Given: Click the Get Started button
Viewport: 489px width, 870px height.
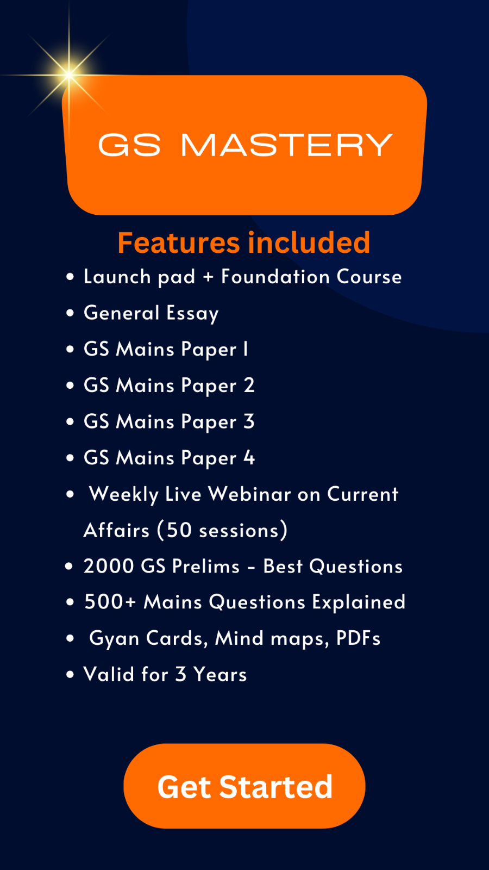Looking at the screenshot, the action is [244, 786].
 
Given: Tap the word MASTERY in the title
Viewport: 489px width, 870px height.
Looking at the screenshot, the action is [287, 145].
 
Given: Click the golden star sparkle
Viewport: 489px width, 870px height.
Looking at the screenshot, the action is [69, 74].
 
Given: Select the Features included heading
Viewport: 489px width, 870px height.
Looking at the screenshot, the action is [244, 243].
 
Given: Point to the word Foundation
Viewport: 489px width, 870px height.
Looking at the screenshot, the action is [275, 277].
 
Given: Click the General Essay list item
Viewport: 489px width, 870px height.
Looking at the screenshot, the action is [151, 313].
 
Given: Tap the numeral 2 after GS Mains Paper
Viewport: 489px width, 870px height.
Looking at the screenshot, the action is [249, 386].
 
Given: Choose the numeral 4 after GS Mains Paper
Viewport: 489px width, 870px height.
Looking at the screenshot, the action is [249, 457].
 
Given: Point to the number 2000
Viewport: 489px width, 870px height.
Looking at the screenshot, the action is [109, 566].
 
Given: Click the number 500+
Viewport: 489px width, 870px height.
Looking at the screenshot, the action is [110, 602].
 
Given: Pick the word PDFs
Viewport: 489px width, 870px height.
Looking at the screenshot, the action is [358, 638].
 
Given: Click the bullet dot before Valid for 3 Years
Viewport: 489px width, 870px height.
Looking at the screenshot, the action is [70, 675].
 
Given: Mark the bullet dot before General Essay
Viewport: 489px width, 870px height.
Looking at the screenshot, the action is [70, 313].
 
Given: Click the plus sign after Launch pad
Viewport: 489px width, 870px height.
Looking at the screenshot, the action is [209, 277].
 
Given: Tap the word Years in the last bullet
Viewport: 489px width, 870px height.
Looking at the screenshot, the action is [220, 674].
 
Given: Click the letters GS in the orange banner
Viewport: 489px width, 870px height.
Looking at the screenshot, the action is [129, 145].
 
